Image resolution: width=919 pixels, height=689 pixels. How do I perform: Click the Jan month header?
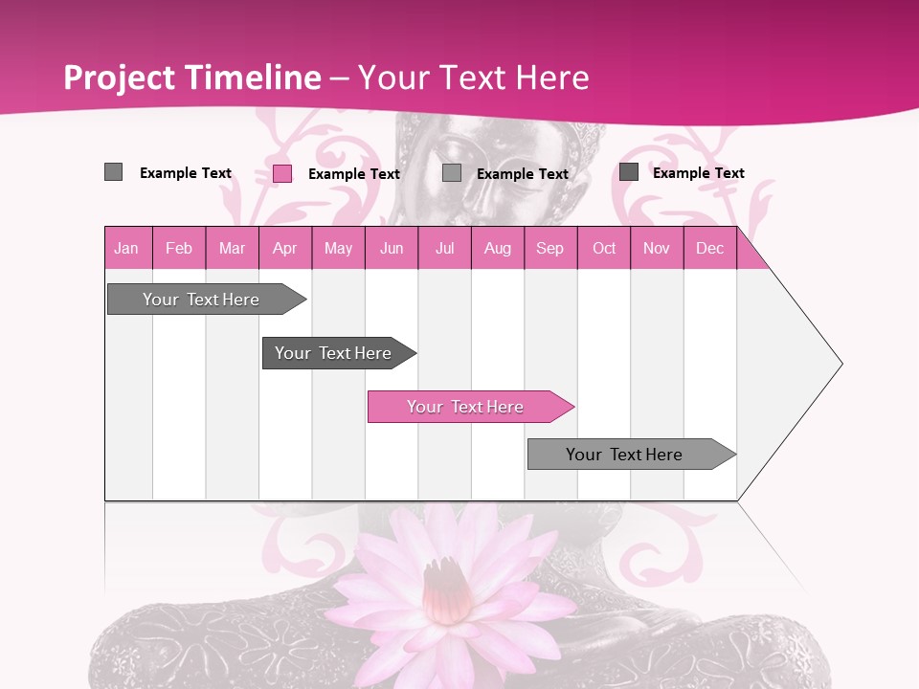tap(127, 248)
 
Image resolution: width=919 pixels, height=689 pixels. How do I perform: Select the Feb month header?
tap(179, 248)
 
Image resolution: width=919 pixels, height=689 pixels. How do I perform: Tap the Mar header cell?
tap(232, 248)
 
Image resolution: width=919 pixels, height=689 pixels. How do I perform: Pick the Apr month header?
tap(285, 248)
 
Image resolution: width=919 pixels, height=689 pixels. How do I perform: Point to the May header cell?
tap(338, 248)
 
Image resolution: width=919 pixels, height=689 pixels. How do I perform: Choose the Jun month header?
tap(392, 248)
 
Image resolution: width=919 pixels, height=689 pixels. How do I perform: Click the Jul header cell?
tap(444, 248)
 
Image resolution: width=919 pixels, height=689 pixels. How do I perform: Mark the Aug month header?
tap(498, 248)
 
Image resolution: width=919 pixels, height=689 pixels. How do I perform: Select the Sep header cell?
tap(550, 248)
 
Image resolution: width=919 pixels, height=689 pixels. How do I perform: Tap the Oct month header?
tap(604, 248)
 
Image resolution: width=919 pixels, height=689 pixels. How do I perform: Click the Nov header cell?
tap(657, 248)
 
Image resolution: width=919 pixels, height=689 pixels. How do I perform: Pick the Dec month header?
tap(710, 248)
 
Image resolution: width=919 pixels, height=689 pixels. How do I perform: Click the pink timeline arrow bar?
tap(469, 407)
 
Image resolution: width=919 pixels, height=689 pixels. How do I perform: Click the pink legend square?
tap(282, 173)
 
